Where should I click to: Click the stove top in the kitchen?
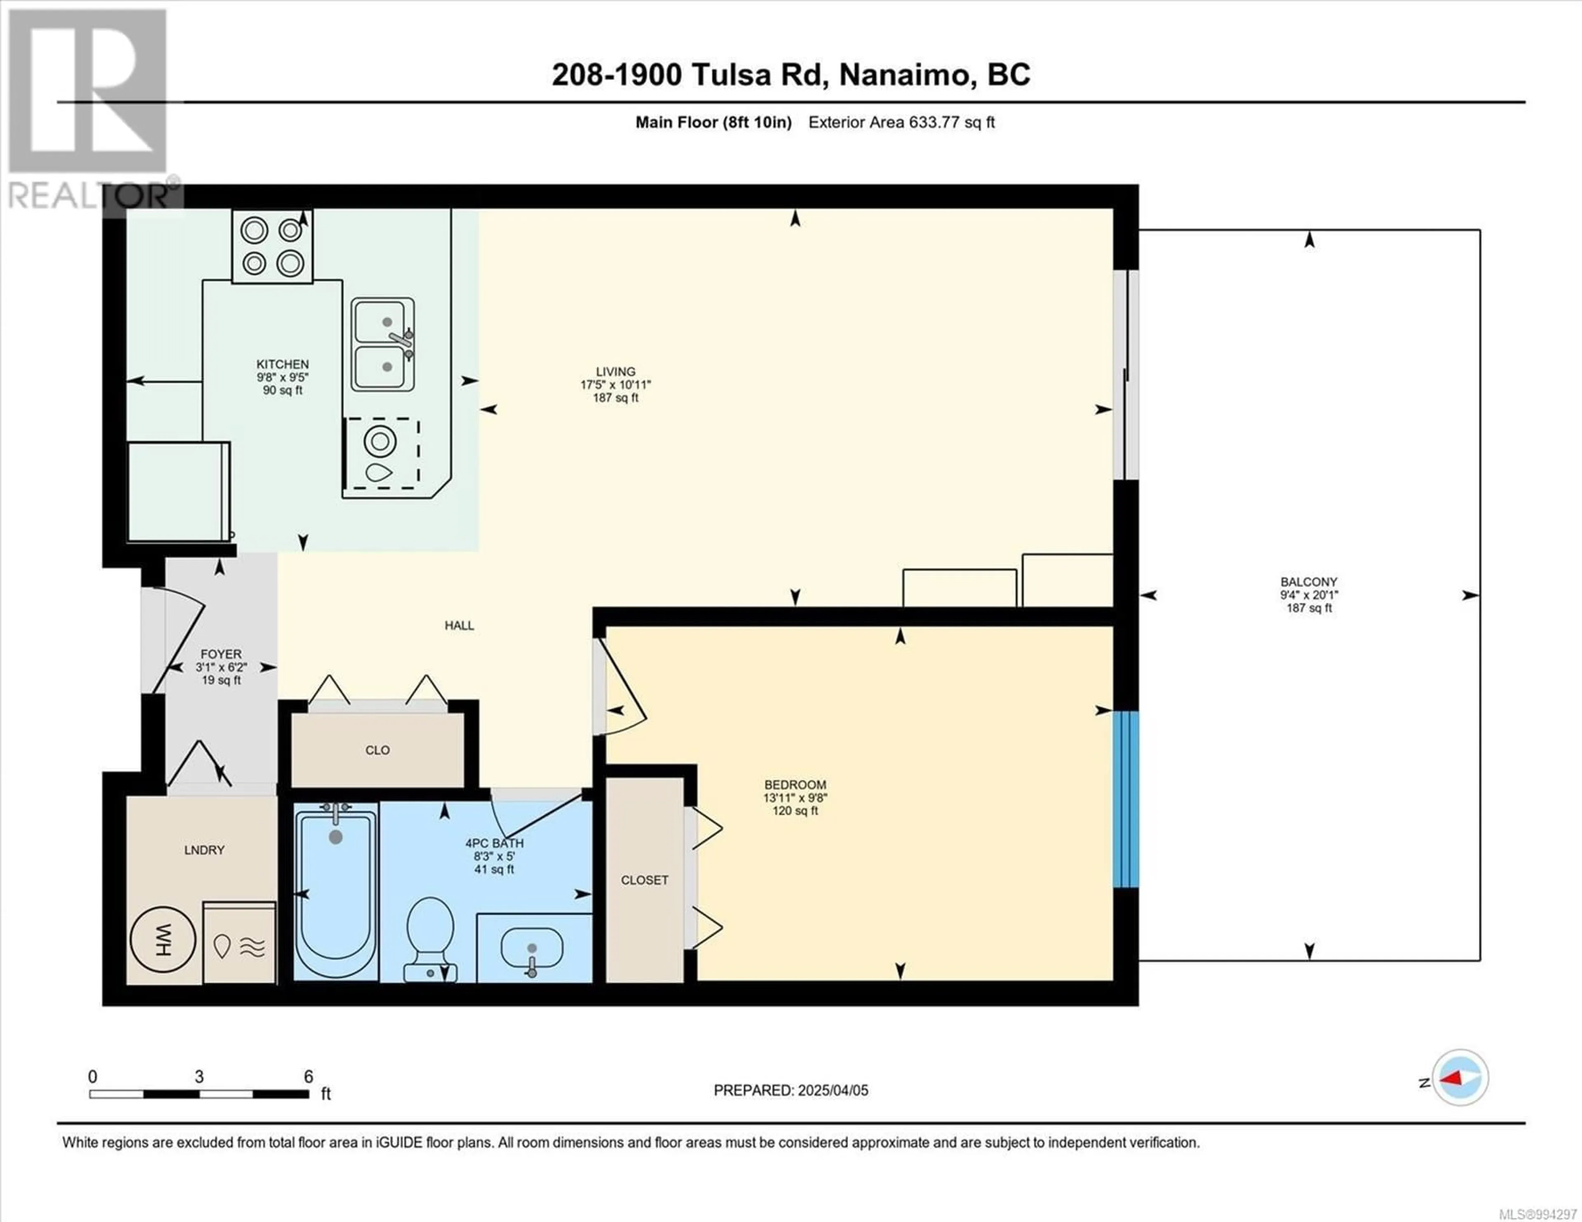[x=272, y=246]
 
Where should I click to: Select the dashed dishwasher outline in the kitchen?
[x=382, y=453]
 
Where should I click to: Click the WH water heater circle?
[x=163, y=940]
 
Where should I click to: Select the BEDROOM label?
[x=796, y=785]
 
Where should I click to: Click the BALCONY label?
[x=1309, y=582]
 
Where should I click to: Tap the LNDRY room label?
[x=204, y=850]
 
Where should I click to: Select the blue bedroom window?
[x=1126, y=799]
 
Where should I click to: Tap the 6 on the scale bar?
[x=309, y=1077]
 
